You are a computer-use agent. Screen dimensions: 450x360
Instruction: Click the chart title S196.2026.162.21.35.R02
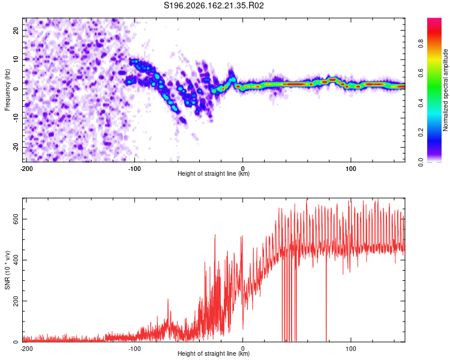pyautogui.click(x=214, y=5)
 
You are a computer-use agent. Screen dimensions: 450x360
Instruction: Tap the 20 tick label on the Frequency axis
pyautogui.click(x=16, y=31)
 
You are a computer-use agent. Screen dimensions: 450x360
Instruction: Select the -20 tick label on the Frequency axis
pyautogui.click(x=16, y=147)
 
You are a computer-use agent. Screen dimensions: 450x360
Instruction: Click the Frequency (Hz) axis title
pyautogui.click(x=7, y=90)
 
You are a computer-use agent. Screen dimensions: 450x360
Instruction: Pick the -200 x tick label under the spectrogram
pyautogui.click(x=26, y=169)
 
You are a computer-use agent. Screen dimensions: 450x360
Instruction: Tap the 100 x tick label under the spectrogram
pyautogui.click(x=351, y=169)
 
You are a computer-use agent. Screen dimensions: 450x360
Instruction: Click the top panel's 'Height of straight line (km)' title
pyautogui.click(x=214, y=173)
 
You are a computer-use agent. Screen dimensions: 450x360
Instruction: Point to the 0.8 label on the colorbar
pyautogui.click(x=421, y=44)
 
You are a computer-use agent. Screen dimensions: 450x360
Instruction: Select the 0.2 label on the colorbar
pyautogui.click(x=421, y=133)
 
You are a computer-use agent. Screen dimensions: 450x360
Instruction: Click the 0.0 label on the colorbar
pyautogui.click(x=421, y=162)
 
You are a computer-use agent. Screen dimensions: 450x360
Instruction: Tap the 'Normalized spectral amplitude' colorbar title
pyautogui.click(x=445, y=90)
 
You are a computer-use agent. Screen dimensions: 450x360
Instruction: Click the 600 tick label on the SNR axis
pyautogui.click(x=16, y=220)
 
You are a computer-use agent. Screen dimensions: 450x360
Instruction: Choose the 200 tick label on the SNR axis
pyautogui.click(x=16, y=301)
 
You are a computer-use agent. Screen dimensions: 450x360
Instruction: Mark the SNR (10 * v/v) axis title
pyautogui.click(x=7, y=270)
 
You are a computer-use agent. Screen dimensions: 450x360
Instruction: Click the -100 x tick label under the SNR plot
pyautogui.click(x=134, y=349)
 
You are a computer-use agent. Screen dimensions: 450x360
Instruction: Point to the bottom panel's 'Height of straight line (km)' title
pyautogui.click(x=214, y=353)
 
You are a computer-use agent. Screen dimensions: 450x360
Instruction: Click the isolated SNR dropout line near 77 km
pyautogui.click(x=326, y=296)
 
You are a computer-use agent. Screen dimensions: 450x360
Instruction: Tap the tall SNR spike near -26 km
pyautogui.click(x=215, y=259)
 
